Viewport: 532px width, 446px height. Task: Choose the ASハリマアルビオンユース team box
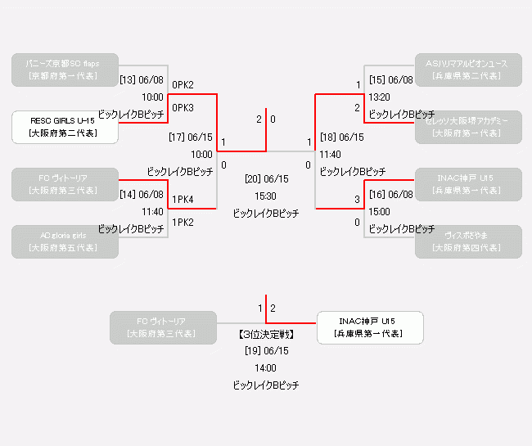point(467,70)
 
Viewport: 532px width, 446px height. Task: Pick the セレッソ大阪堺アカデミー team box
point(467,127)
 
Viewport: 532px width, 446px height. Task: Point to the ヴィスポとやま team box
point(467,241)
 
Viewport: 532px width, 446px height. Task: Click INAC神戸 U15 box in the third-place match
point(369,327)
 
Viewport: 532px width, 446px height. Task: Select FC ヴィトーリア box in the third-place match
point(164,327)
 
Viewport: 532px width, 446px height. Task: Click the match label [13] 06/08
point(142,81)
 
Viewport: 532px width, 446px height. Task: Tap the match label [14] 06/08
point(142,196)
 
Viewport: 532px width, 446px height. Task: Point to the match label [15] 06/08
point(391,80)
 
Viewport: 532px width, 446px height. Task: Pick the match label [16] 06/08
point(391,195)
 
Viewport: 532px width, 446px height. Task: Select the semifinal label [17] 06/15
point(191,137)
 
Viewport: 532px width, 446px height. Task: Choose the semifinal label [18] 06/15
point(341,137)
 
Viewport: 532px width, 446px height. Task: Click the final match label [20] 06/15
point(266,178)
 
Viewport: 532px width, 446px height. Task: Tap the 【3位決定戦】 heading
point(266,335)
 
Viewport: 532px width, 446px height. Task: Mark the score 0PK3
point(183,108)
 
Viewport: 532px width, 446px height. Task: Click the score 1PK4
point(183,200)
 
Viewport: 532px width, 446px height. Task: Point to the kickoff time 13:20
point(380,97)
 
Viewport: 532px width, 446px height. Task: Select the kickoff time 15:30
point(266,196)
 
